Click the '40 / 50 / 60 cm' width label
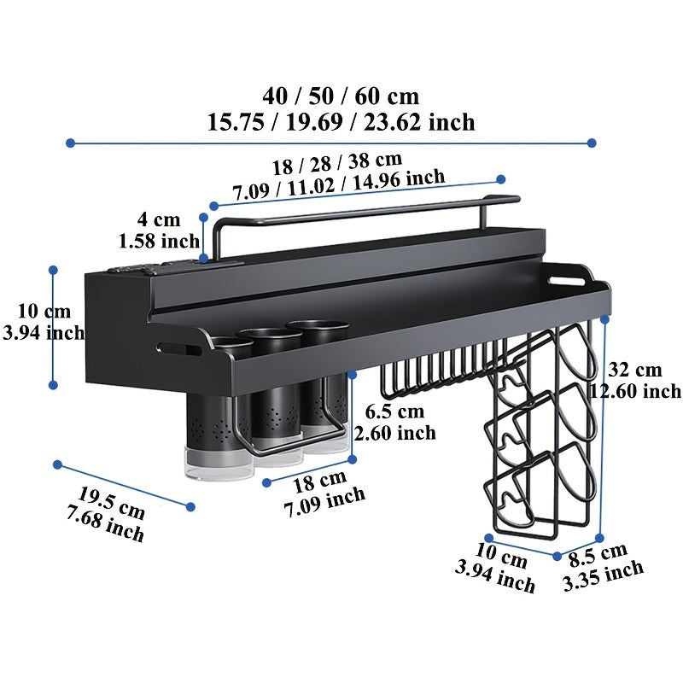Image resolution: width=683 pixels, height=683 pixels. [x=341, y=95]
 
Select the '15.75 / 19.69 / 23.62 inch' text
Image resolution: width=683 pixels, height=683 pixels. [x=341, y=122]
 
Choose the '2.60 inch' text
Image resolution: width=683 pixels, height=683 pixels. [x=394, y=433]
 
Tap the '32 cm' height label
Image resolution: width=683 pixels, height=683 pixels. [x=635, y=370]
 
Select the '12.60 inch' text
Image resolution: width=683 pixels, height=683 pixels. [x=636, y=392]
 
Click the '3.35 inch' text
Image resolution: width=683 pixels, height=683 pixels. [x=603, y=578]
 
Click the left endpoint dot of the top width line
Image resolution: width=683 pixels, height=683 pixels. [x=70, y=143]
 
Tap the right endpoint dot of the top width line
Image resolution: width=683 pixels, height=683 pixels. [x=593, y=143]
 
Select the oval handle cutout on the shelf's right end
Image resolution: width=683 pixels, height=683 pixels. [x=565, y=277]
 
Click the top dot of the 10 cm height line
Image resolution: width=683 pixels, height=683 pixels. [x=53, y=270]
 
